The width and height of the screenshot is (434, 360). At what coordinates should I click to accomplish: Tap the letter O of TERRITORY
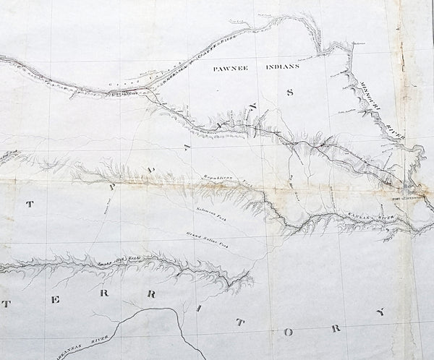point(289,332)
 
